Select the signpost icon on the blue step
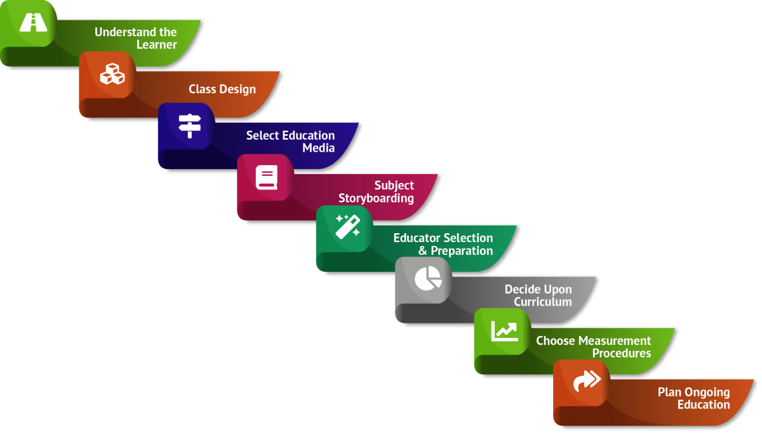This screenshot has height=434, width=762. [189, 126]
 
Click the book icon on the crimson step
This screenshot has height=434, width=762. [267, 177]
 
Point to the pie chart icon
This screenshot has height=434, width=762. [427, 278]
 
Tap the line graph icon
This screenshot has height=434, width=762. [504, 330]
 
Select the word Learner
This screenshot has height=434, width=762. [156, 44]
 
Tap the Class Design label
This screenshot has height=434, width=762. [222, 89]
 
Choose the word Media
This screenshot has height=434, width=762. [318, 148]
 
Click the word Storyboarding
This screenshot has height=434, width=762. [376, 198]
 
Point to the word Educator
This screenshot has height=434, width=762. [417, 238]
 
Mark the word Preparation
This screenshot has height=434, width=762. [462, 250]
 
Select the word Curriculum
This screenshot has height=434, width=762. [542, 302]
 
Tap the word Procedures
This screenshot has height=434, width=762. [621, 353]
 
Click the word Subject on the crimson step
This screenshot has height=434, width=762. [394, 186]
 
